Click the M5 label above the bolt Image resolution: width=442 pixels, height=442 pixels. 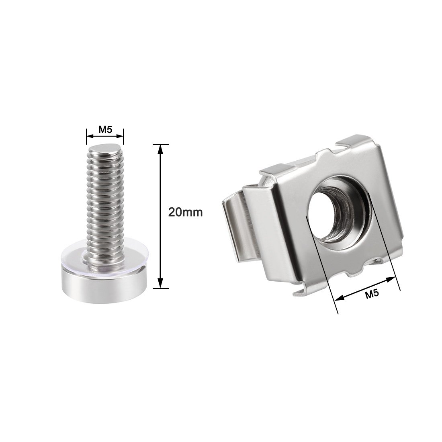pos(105,130)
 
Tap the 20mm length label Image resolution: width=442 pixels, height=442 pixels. pos(185,212)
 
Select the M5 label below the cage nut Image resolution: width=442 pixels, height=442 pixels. pos(372,294)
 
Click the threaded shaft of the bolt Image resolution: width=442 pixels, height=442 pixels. pos(105,203)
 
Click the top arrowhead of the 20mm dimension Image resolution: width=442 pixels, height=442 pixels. pos(160,149)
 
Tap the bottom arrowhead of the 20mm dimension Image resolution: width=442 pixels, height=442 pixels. pos(160,283)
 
